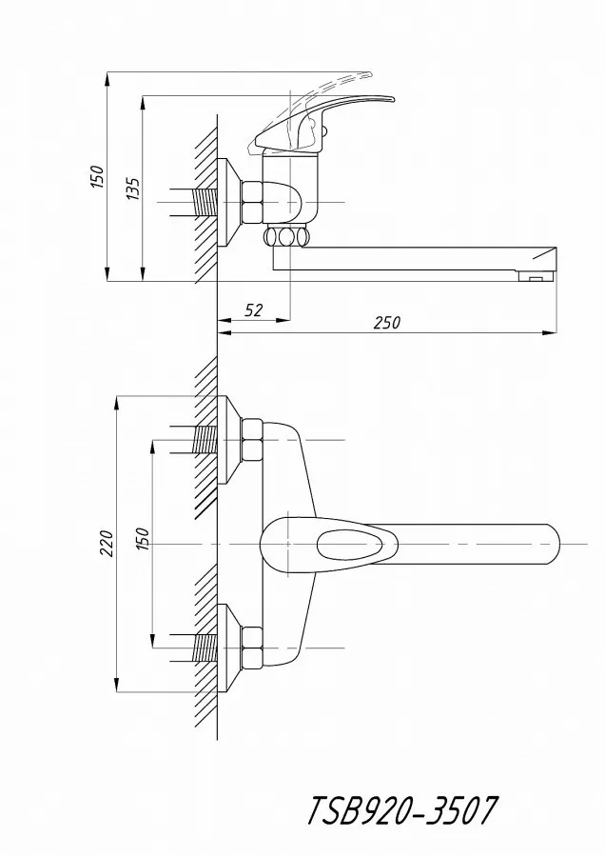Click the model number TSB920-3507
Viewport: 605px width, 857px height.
(402, 810)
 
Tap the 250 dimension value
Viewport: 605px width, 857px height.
(386, 323)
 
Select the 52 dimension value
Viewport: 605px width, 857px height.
(253, 310)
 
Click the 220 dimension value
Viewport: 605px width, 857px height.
(106, 544)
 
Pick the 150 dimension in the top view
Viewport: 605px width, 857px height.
(97, 176)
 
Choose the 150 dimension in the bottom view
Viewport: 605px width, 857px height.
(142, 539)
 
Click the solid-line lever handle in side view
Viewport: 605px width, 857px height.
(322, 123)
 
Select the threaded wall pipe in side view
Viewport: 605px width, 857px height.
(205, 202)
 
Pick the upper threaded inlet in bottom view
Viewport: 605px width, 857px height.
(205, 439)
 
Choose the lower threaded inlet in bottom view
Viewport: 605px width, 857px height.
(205, 648)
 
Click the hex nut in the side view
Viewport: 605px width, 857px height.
(252, 202)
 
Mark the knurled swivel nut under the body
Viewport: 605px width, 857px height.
(286, 237)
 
